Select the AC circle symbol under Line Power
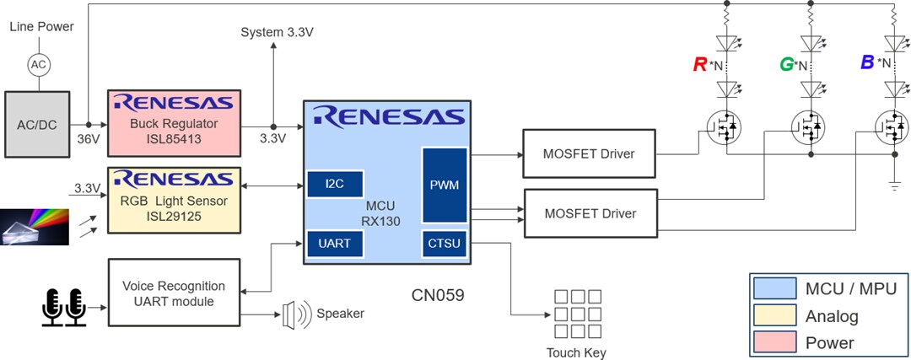37,63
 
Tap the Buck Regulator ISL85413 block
174,121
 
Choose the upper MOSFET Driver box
589,153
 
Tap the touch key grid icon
576,313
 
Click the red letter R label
699,64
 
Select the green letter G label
786,64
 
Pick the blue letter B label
866,62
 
